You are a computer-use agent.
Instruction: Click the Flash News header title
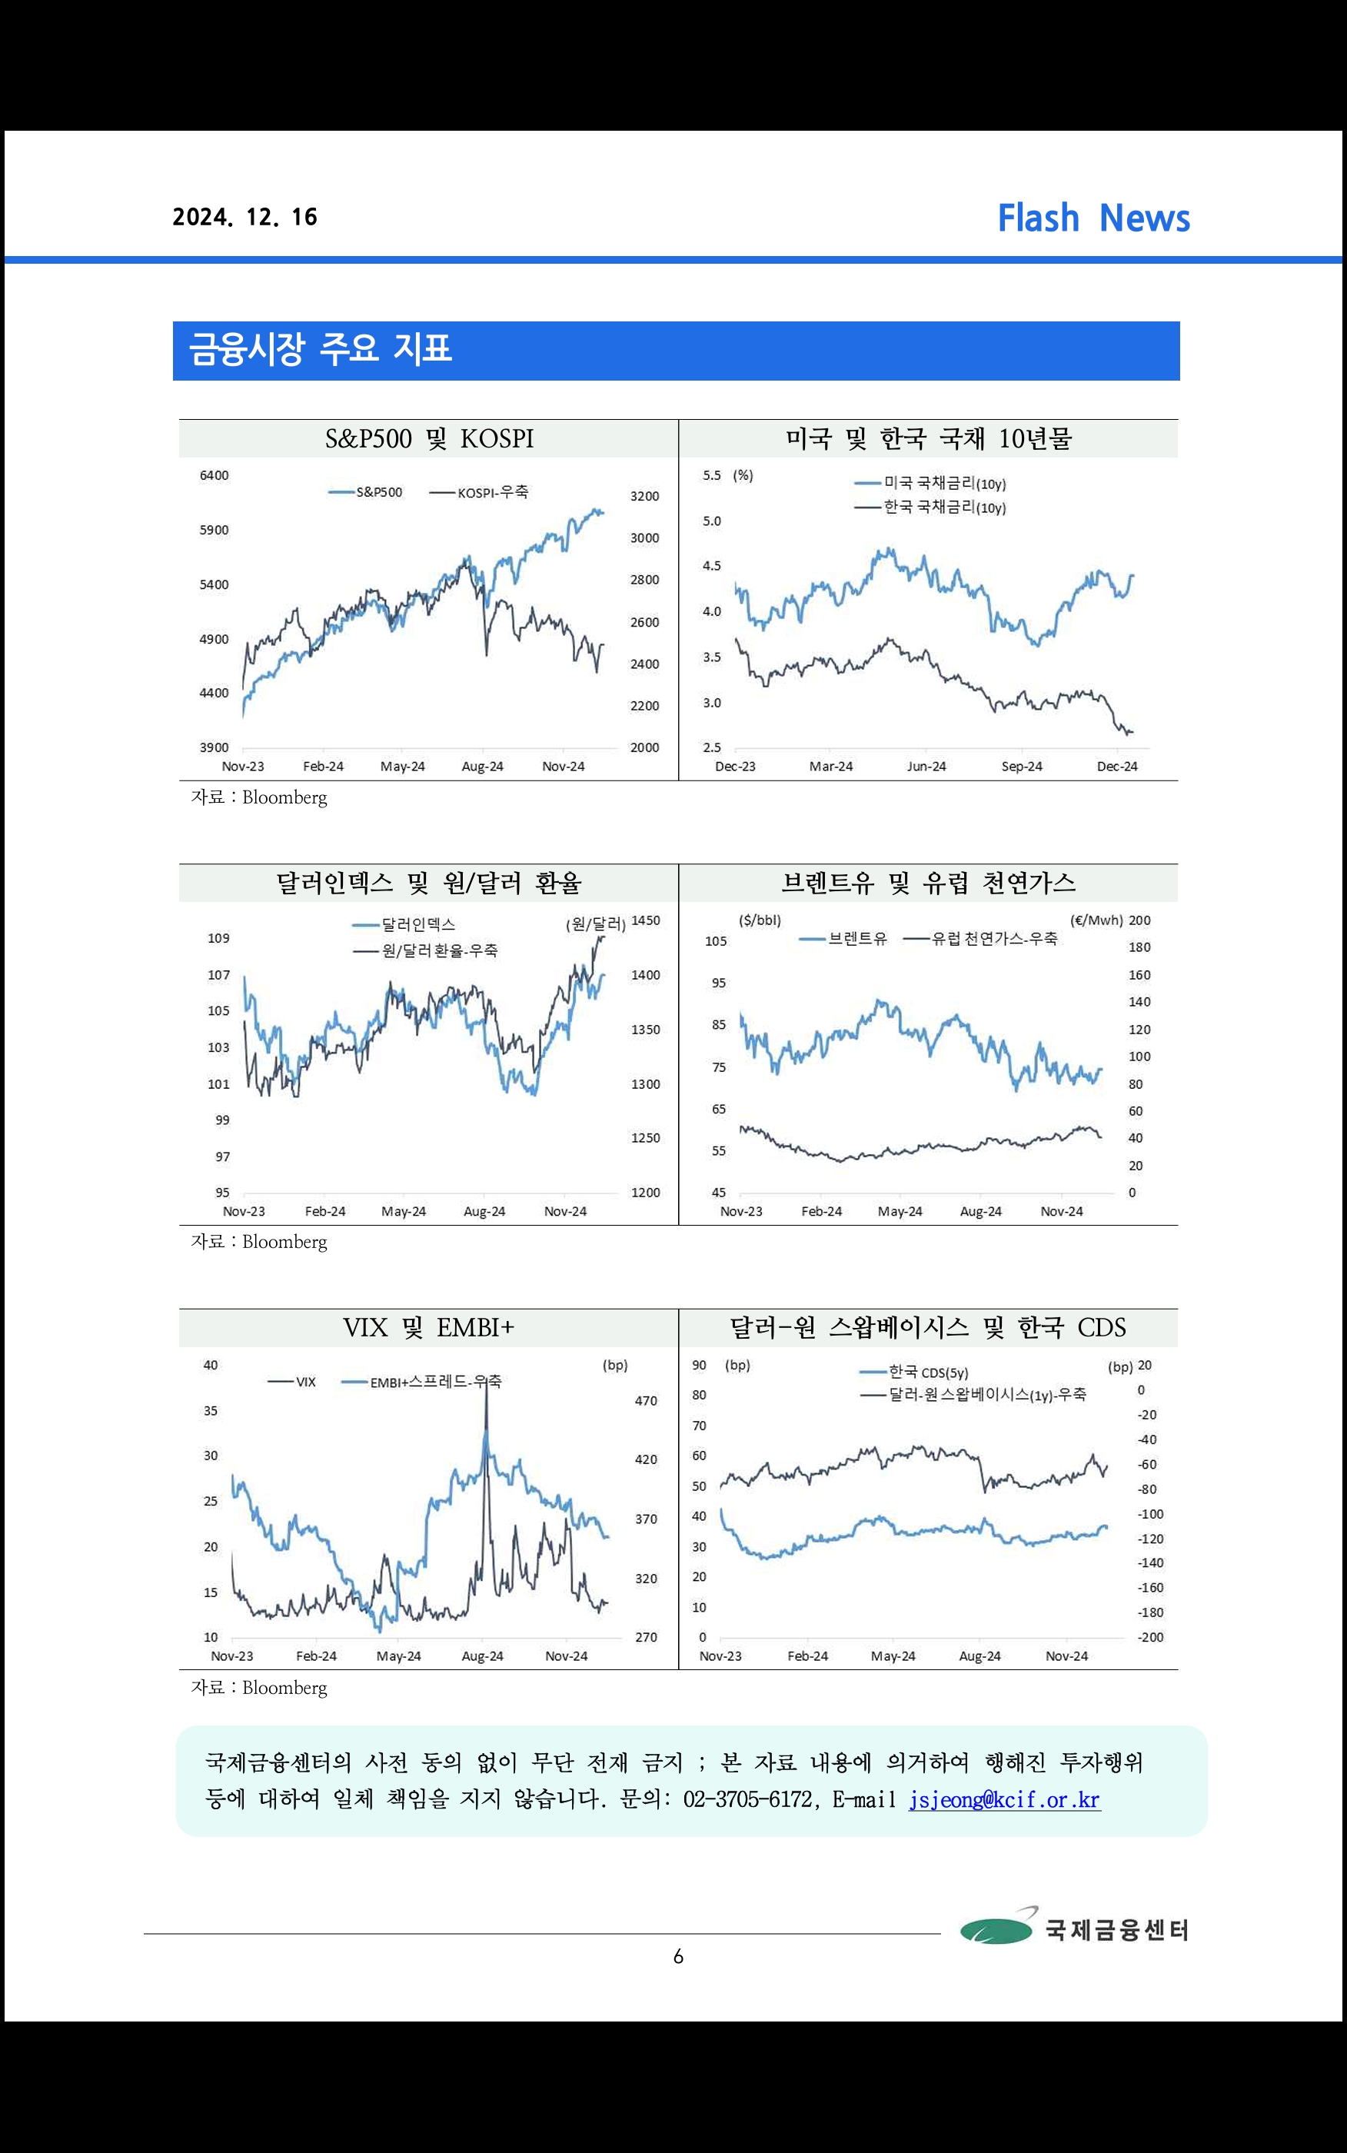[x=1093, y=218]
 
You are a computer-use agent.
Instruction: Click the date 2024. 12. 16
[x=245, y=218]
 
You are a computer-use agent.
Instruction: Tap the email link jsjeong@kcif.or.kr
[x=1004, y=1799]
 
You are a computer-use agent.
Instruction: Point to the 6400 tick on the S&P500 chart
[x=214, y=476]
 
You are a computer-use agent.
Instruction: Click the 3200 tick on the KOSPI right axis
[x=644, y=496]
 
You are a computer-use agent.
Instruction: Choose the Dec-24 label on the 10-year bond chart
[x=1117, y=766]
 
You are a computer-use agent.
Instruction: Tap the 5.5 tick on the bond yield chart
[x=711, y=476]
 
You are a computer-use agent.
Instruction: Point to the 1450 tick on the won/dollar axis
[x=645, y=920]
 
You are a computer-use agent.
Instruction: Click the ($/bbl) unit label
[x=759, y=920]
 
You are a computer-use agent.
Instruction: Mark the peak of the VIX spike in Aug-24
[x=486, y=1383]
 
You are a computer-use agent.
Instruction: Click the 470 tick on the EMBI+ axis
[x=646, y=1401]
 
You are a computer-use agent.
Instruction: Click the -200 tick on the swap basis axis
[x=1150, y=1637]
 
